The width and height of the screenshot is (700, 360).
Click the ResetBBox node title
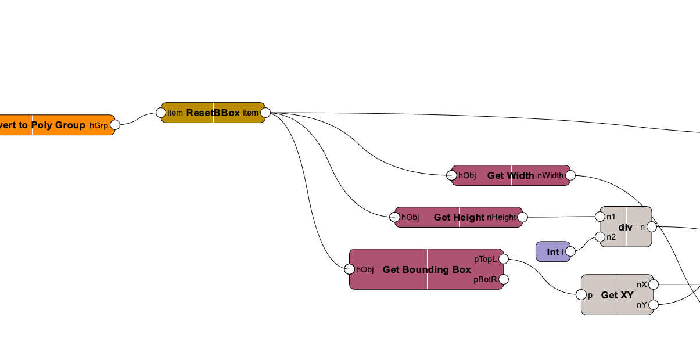[x=213, y=113]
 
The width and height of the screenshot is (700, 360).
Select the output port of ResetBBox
[x=265, y=113]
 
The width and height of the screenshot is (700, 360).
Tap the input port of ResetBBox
[x=161, y=113]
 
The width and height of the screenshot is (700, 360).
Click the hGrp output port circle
[x=115, y=125]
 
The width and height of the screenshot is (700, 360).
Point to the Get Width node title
[x=511, y=175]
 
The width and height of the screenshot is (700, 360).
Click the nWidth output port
[x=570, y=175]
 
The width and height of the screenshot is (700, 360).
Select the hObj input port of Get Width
[x=451, y=175]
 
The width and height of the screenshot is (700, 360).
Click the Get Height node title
[x=459, y=217]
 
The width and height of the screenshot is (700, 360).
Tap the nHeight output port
[x=522, y=217]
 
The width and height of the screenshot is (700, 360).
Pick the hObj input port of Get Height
[x=394, y=217]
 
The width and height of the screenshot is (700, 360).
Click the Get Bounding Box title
[x=427, y=269]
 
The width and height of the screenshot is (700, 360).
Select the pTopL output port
[x=504, y=258]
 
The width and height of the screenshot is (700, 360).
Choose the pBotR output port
[x=504, y=279]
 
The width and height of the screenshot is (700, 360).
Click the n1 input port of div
[x=600, y=217]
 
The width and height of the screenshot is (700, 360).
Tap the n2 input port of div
[x=600, y=237]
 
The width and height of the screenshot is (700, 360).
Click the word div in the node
[x=625, y=227]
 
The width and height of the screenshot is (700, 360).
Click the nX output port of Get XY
[x=654, y=285]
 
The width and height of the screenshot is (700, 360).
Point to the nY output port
[x=654, y=305]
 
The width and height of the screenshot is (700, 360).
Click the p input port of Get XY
[x=581, y=295]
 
